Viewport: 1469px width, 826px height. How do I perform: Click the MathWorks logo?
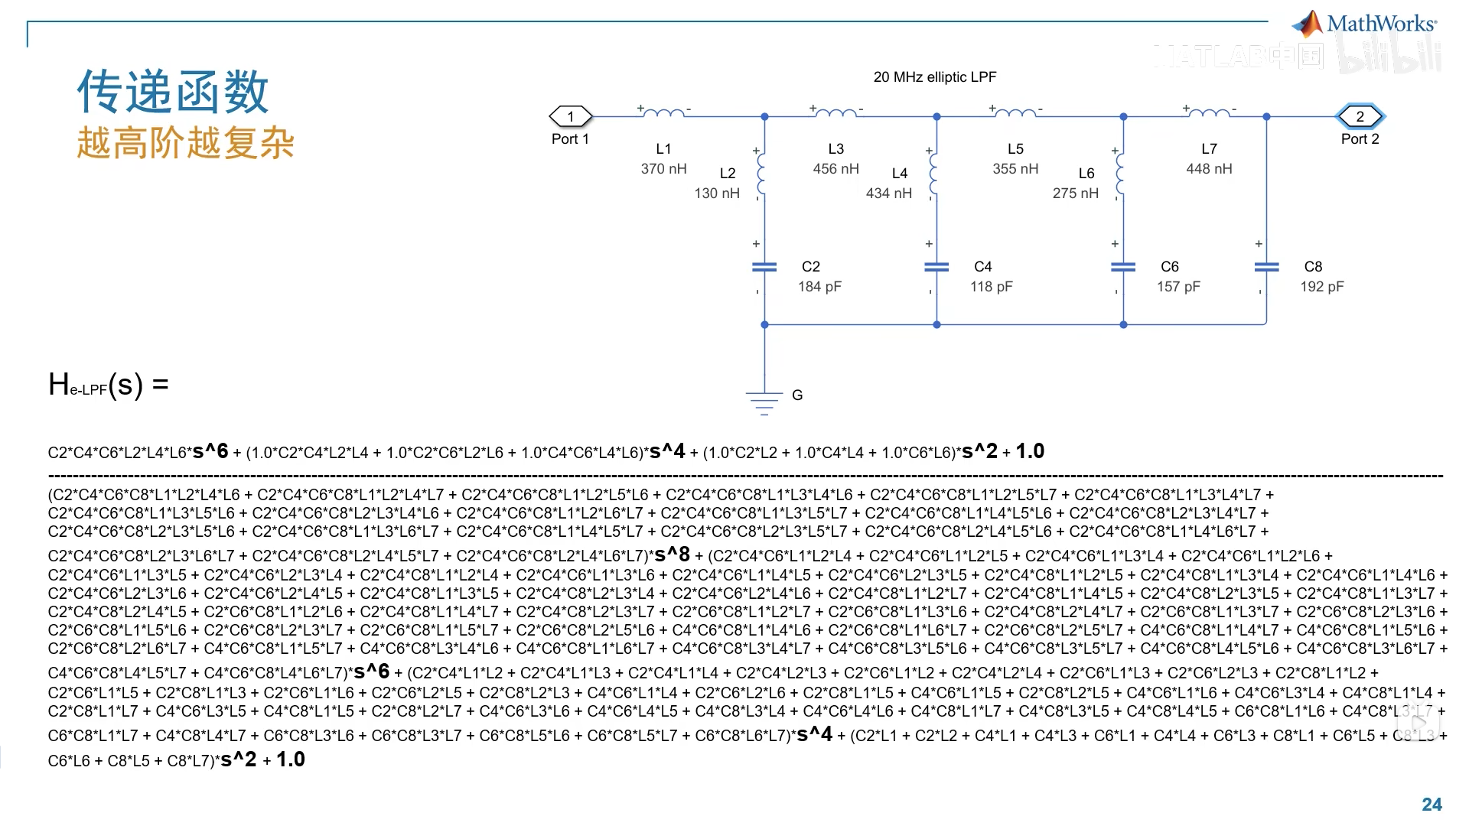point(1364,24)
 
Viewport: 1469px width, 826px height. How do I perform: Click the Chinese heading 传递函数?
point(173,92)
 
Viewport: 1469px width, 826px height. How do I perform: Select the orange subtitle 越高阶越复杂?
point(185,143)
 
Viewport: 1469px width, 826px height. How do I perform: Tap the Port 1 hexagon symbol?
point(571,116)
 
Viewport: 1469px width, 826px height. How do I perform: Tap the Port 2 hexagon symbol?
point(1360,116)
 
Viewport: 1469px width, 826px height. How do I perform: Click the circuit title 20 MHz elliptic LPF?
point(934,77)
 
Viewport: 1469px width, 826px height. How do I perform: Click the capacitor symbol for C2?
point(764,267)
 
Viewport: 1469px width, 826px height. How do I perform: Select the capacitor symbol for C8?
point(1266,267)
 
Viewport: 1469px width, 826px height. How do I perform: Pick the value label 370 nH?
point(663,169)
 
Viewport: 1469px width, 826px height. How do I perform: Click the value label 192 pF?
point(1321,287)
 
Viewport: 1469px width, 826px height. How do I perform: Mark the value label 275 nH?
point(1075,193)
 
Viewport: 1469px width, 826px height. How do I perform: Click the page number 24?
point(1432,805)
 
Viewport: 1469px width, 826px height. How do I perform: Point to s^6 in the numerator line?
point(210,451)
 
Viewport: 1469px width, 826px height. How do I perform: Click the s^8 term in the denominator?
point(673,554)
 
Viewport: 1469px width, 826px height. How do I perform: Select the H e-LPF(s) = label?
point(108,385)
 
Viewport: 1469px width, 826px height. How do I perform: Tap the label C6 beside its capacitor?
point(1169,267)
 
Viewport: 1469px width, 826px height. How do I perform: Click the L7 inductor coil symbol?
point(1209,113)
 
